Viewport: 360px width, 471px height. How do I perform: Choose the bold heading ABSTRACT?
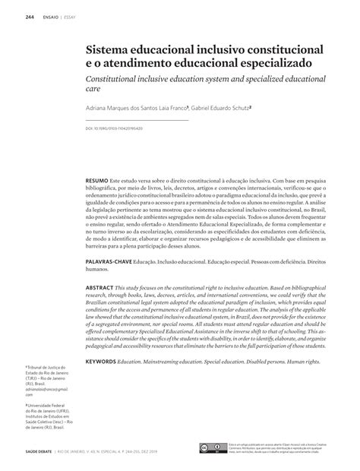pos(99,289)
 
